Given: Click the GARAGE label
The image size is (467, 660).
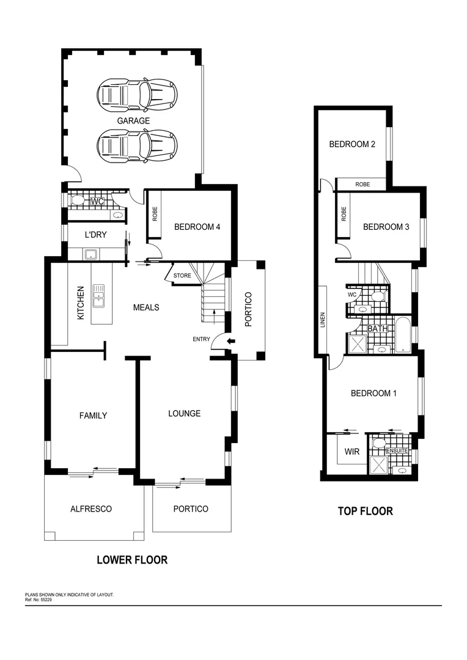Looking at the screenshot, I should click(x=133, y=121).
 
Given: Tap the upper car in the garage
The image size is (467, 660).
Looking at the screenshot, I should click(x=137, y=95).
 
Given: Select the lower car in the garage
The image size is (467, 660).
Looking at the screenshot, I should click(x=137, y=145).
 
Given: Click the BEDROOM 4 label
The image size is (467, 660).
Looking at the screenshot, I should click(x=197, y=227).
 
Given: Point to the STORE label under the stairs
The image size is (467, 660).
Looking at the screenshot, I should click(x=182, y=276).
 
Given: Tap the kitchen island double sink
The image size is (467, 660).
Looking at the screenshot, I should click(x=98, y=296).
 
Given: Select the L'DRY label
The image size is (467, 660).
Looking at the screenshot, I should click(x=96, y=234).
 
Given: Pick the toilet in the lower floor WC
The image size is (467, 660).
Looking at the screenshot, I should click(x=78, y=200).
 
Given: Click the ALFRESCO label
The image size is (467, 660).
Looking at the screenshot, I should click(x=90, y=508).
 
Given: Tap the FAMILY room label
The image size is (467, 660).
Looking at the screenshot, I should click(x=93, y=416).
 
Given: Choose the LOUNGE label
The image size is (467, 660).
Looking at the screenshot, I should click(x=184, y=414).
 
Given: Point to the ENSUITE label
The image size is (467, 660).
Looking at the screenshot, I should click(x=398, y=450).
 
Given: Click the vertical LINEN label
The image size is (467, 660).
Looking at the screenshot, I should click(x=322, y=321).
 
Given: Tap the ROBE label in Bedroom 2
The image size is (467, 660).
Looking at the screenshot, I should click(x=362, y=184).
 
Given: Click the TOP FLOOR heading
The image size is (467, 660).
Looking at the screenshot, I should click(x=365, y=511).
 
